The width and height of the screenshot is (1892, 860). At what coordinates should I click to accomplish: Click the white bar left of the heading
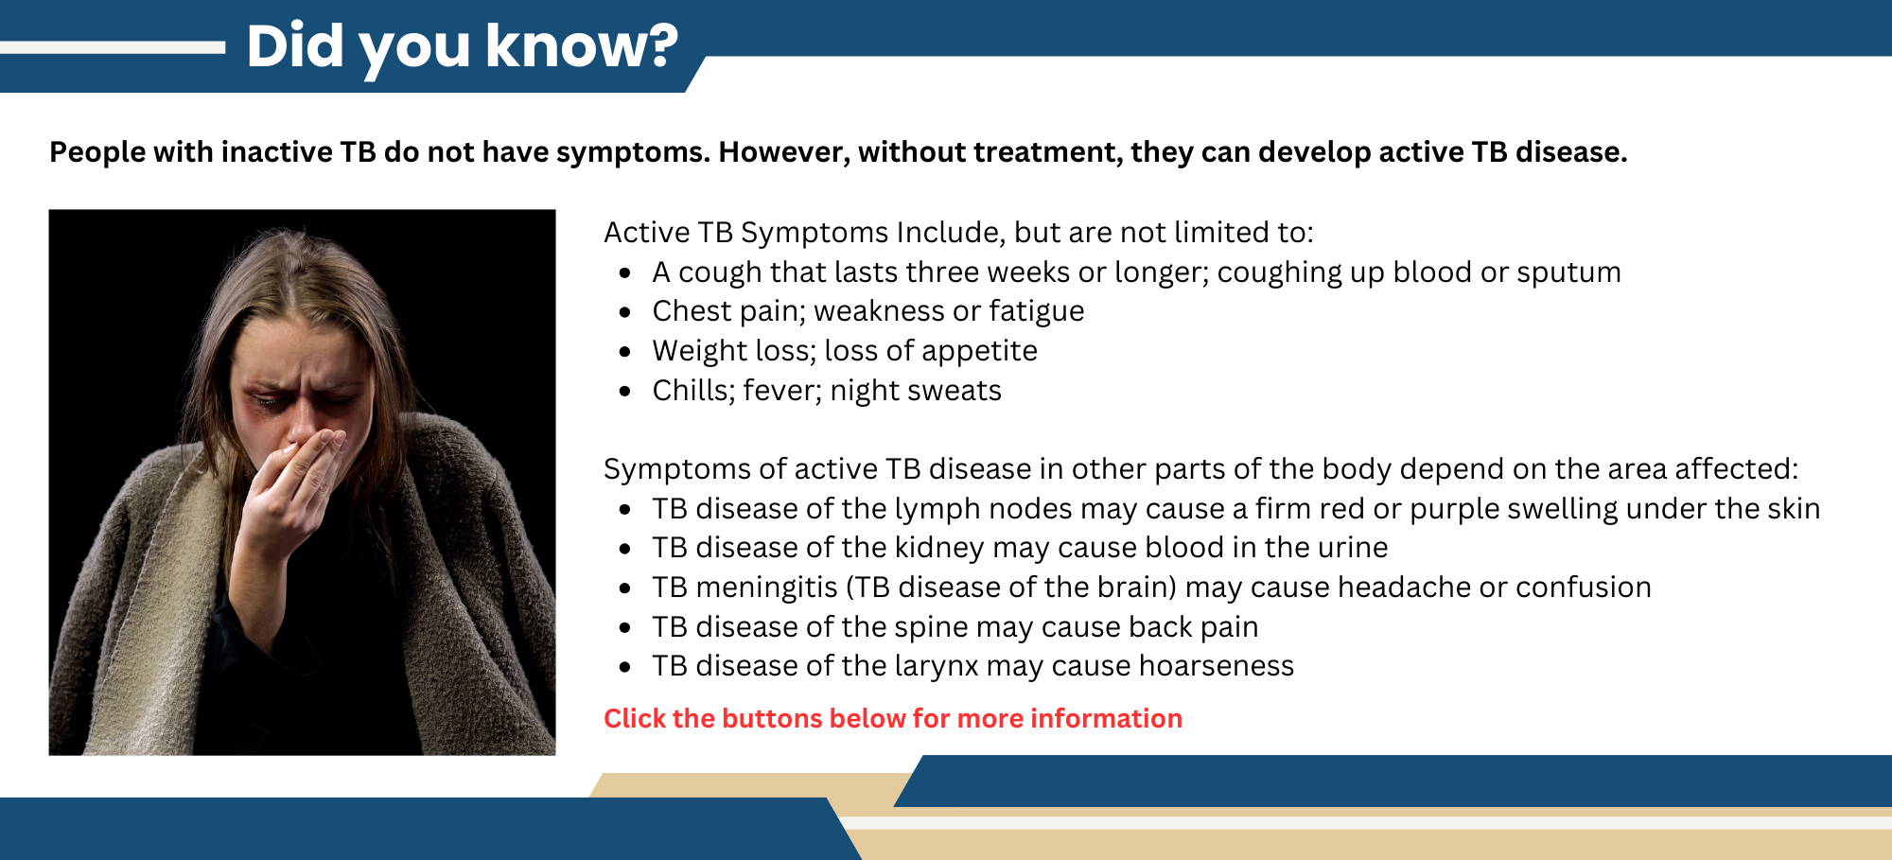click(114, 47)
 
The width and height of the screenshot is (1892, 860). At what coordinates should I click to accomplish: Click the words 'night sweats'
click(915, 391)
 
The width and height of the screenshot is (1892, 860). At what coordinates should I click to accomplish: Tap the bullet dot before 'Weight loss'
click(624, 352)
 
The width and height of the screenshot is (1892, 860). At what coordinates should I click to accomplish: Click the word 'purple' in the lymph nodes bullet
click(1453, 509)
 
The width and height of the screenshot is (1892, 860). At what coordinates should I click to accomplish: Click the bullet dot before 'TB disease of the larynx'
click(624, 667)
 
